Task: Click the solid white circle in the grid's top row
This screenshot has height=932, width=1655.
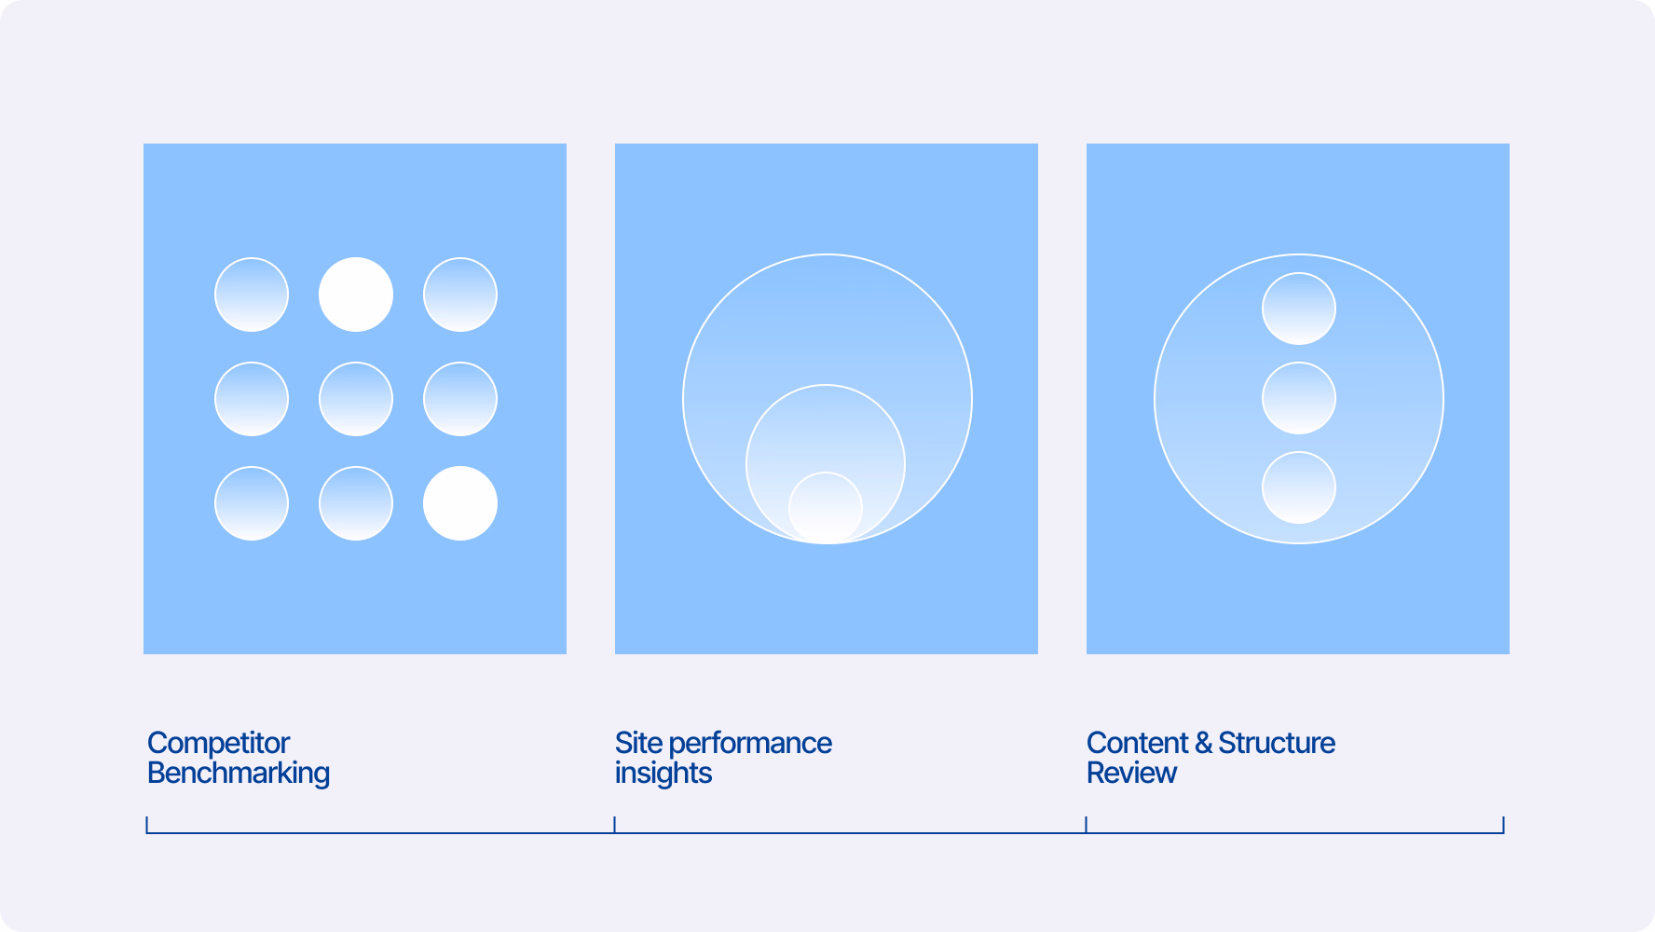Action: point(356,295)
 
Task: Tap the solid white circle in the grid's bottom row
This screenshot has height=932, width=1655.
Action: point(460,503)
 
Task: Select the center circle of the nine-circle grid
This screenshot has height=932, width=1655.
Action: point(356,399)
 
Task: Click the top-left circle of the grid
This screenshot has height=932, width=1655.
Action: point(252,295)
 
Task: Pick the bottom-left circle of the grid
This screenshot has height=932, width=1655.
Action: point(252,503)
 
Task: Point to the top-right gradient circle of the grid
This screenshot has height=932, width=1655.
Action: point(460,295)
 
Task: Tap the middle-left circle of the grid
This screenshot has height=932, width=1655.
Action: point(252,399)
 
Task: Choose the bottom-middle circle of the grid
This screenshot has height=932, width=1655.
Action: point(356,503)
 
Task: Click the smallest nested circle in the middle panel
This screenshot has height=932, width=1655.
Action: point(826,508)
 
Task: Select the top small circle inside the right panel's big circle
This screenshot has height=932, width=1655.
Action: point(1299,308)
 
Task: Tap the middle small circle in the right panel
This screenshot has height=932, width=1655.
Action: point(1299,398)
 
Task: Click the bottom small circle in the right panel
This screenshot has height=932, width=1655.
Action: point(1299,487)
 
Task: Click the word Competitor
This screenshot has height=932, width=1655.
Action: point(219,743)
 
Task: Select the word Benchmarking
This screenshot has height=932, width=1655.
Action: point(239,774)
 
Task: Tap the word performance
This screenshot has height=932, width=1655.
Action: point(750,744)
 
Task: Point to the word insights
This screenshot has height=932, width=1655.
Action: point(663,774)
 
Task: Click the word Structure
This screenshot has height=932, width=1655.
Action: point(1277,743)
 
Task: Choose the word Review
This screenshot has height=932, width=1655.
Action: point(1131,774)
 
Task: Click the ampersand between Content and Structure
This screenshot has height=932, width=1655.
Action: point(1203,743)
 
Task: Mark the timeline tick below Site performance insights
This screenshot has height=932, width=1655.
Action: point(615,825)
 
